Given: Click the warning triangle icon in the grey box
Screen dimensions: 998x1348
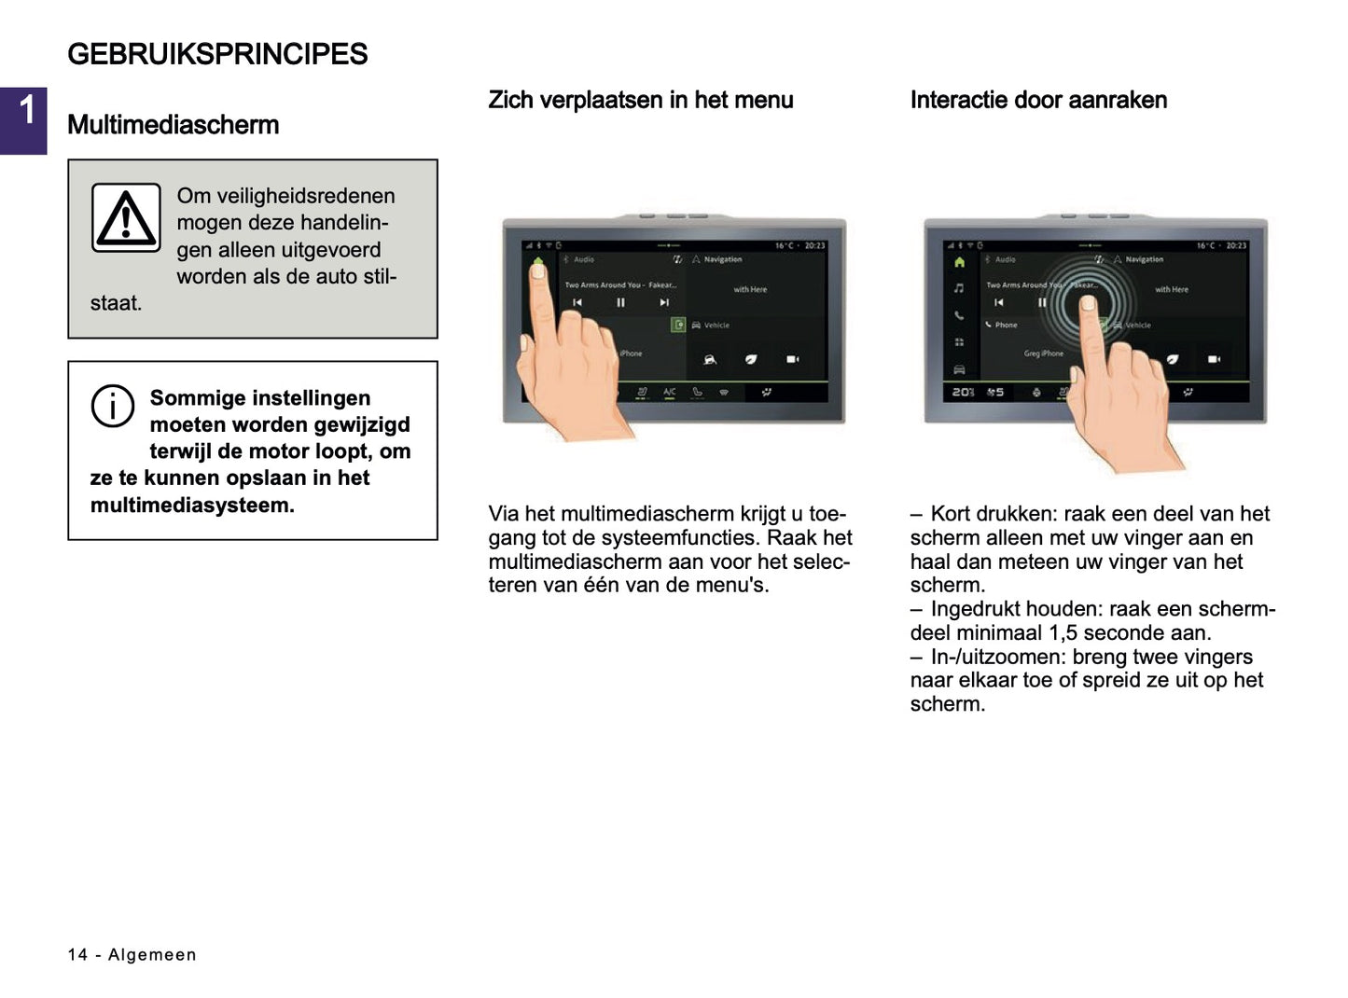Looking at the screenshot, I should [126, 218].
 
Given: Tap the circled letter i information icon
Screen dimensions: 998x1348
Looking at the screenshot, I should [112, 407].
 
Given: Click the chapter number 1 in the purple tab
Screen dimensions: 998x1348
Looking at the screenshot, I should [27, 111].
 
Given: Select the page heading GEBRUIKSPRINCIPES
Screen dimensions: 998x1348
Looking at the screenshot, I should [217, 54].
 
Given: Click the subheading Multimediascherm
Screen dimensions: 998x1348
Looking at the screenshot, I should [173, 125].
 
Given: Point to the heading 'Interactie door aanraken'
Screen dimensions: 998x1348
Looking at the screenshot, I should [1037, 100].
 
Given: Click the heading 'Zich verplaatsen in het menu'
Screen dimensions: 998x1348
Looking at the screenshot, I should [640, 100].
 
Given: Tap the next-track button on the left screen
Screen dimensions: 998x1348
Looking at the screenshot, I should [664, 302].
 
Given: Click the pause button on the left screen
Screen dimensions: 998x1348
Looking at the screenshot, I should [620, 302].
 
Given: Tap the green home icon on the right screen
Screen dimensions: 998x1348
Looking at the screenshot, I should [959, 262].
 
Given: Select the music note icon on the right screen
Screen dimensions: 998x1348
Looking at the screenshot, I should [959, 288].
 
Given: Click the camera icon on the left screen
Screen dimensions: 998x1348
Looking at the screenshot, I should [792, 359].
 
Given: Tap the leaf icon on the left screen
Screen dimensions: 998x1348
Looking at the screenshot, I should [751, 359].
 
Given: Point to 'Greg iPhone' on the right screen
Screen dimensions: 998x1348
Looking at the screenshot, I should [1043, 353].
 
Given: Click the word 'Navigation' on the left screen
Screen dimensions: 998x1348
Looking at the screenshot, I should [723, 259].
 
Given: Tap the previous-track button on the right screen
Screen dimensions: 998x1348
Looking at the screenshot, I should [999, 302].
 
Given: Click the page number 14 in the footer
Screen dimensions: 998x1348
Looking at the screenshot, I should [77, 954].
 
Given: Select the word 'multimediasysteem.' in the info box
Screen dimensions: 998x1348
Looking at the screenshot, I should [192, 506].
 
